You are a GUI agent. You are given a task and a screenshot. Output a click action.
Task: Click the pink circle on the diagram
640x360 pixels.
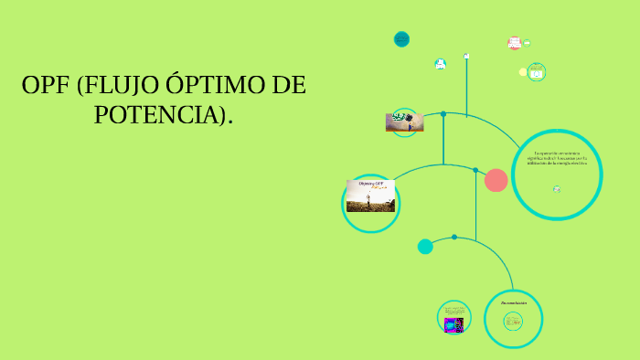click(x=496, y=180)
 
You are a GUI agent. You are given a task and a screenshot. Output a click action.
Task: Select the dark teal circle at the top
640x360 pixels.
click(x=401, y=39)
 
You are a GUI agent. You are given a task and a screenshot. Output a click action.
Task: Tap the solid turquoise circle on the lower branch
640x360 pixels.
click(x=425, y=246)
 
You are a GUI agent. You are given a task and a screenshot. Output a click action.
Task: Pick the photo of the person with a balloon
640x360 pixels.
click(x=404, y=122)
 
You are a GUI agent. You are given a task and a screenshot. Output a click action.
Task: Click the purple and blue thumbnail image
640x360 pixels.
click(x=453, y=324)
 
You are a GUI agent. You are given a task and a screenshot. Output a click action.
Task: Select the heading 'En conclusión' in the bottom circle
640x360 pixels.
click(x=514, y=302)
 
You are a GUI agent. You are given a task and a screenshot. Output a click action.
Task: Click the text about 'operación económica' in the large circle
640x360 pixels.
click(x=556, y=157)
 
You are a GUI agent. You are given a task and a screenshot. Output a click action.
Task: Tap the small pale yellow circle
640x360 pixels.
click(x=523, y=71)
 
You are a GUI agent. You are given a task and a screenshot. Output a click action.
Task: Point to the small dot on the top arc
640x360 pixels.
click(x=443, y=114)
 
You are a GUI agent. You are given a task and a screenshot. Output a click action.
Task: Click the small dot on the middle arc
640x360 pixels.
click(x=475, y=170)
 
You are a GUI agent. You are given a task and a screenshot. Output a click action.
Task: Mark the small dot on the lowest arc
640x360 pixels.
click(x=454, y=238)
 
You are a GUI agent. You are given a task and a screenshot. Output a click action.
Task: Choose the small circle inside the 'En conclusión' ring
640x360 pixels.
click(x=513, y=321)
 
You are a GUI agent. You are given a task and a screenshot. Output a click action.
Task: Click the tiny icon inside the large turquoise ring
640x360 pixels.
click(x=556, y=189)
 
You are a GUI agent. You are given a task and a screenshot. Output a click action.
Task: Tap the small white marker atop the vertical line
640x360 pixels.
click(x=466, y=56)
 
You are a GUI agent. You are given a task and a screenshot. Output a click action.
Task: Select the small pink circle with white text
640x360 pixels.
click(x=514, y=43)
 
